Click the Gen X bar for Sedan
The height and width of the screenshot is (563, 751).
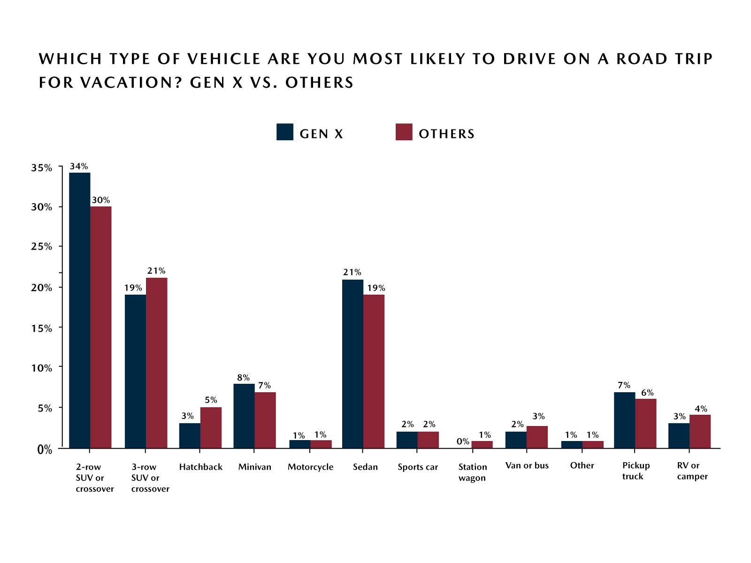coord(353,364)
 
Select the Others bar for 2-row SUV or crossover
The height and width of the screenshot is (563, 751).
coord(101,327)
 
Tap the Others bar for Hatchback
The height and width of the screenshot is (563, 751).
coord(211,427)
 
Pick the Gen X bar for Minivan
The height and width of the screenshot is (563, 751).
coord(244,416)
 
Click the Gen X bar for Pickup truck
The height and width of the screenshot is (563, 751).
coord(624,420)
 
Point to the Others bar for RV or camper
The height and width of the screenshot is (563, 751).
coord(700,431)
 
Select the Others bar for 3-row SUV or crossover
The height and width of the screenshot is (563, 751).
coord(156,363)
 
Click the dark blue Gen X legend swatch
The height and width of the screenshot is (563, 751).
coord(285,132)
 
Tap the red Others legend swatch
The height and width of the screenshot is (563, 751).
coord(404,132)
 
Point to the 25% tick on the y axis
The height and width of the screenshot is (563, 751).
coord(60,247)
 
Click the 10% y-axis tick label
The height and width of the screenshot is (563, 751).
coord(42,368)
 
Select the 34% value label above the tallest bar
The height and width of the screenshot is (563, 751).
coord(79,166)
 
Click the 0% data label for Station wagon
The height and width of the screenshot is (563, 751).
coord(463,441)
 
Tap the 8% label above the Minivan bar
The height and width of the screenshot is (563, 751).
coord(243,378)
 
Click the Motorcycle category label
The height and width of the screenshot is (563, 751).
coord(310,467)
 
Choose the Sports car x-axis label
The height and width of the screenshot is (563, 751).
coord(417,467)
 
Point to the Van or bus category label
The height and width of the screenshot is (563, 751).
coord(527,465)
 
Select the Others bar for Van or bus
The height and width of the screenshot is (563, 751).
coord(537,437)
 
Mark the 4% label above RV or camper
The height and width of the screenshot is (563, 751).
coord(701,409)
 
